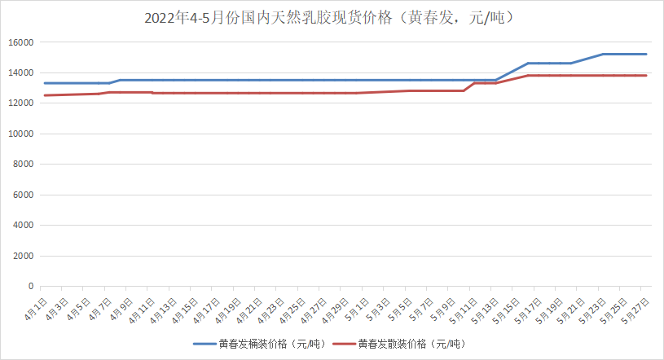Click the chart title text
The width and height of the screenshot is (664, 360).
pos(332,17)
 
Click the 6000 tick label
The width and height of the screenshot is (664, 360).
pos(22,195)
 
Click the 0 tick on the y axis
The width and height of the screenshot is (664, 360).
pos(30,287)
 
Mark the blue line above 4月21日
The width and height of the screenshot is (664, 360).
pos(256,80)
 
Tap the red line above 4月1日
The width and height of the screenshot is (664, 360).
pos(45,95)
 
